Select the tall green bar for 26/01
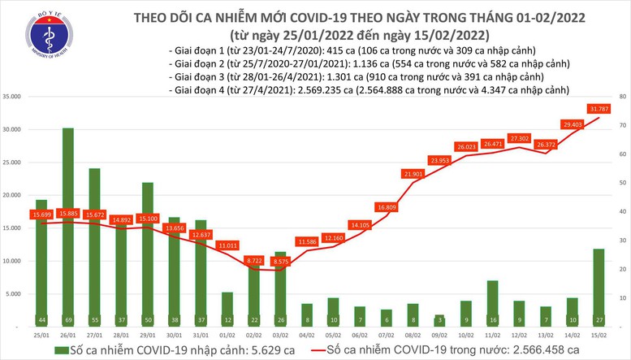(68, 219)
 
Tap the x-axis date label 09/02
(439, 333)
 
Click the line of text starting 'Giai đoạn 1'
(352, 51)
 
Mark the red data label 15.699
(41, 215)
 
